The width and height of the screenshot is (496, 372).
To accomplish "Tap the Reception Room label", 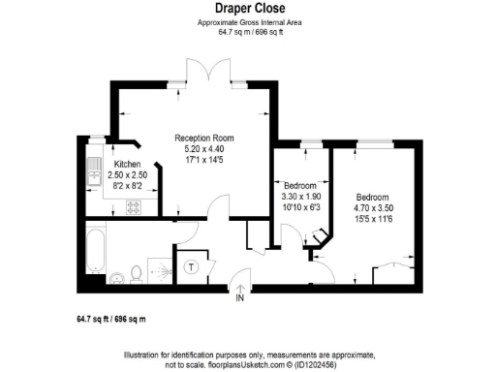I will pos(203,139).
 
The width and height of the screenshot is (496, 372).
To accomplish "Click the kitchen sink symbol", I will pos(96,173).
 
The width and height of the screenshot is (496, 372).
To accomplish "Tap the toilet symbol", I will pos(138,275).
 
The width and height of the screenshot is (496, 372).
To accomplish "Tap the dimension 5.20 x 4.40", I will pos(203,149).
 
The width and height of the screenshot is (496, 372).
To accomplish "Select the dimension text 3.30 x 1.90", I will pos(299,196).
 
